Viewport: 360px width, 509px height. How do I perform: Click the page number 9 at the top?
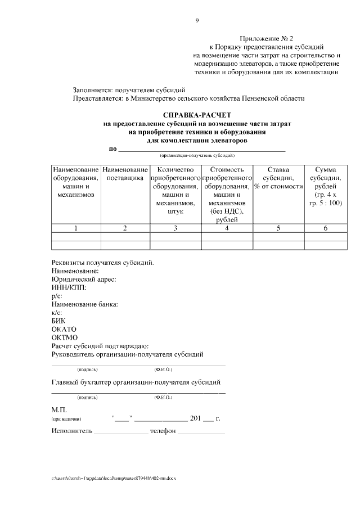coord(197,21)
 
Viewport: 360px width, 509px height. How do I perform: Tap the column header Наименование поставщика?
coord(125,173)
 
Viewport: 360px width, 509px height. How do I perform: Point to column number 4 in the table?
coord(226,228)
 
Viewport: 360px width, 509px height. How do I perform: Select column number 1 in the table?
coord(76,228)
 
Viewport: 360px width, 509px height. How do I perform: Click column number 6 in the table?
coord(325,228)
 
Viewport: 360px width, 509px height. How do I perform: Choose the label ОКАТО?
coord(64,329)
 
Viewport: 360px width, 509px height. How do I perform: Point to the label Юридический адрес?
coord(84,279)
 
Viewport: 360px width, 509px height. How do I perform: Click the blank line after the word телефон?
coord(201,432)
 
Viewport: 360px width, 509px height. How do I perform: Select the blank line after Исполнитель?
coord(120,432)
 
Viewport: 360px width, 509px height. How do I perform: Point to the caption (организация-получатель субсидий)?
coord(197,155)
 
